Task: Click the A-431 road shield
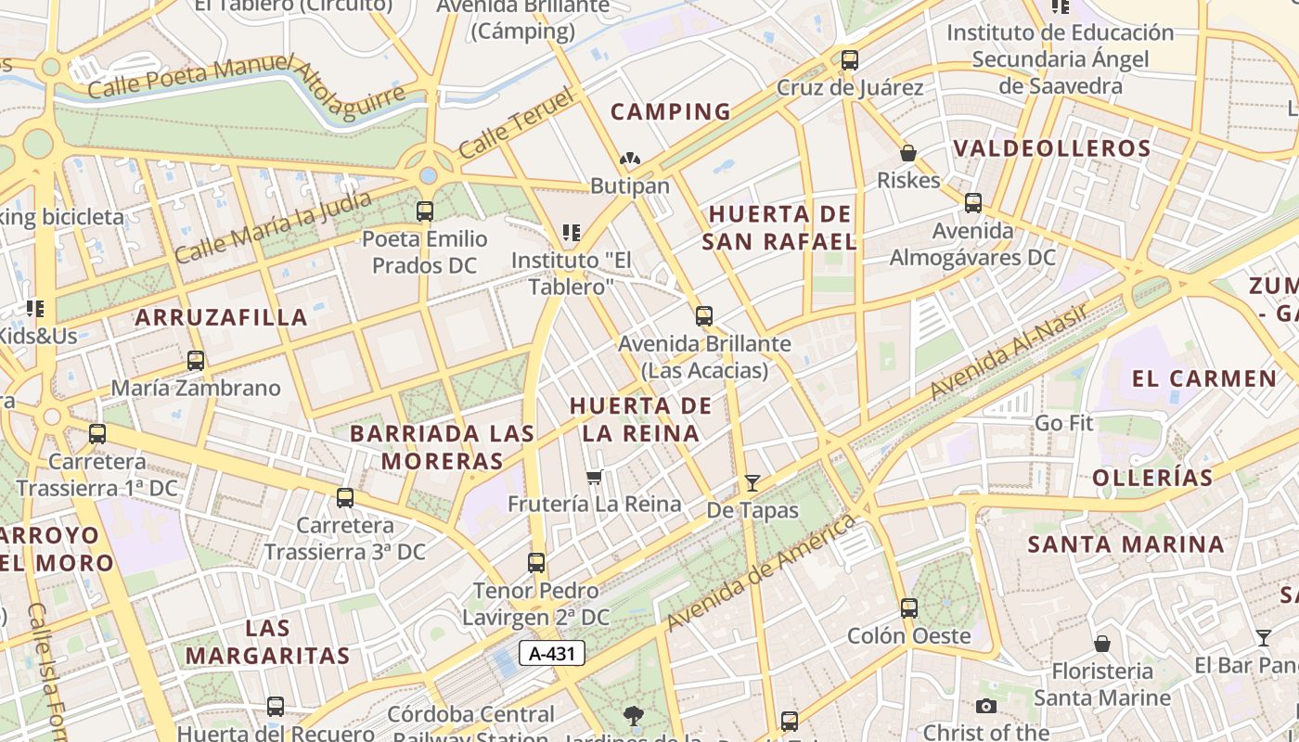click(x=552, y=653)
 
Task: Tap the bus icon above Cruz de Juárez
click(x=849, y=60)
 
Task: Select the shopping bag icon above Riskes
click(x=908, y=153)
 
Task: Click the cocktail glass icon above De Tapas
click(x=752, y=483)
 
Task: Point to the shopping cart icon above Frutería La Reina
click(x=595, y=478)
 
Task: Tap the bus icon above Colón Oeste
click(x=908, y=608)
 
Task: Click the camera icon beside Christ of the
click(x=986, y=707)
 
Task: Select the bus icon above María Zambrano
click(x=196, y=361)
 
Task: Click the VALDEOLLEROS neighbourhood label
click(x=1052, y=148)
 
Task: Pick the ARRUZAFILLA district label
click(x=221, y=317)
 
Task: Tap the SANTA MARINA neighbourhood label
click(x=1125, y=544)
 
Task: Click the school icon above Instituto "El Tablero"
click(x=571, y=232)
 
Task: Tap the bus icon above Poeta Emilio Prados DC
click(x=425, y=211)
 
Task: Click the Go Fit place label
click(x=1064, y=423)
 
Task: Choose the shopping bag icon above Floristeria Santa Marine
click(x=1102, y=644)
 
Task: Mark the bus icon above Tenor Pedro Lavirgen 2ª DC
click(x=536, y=563)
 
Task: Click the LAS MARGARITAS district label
click(x=267, y=642)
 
